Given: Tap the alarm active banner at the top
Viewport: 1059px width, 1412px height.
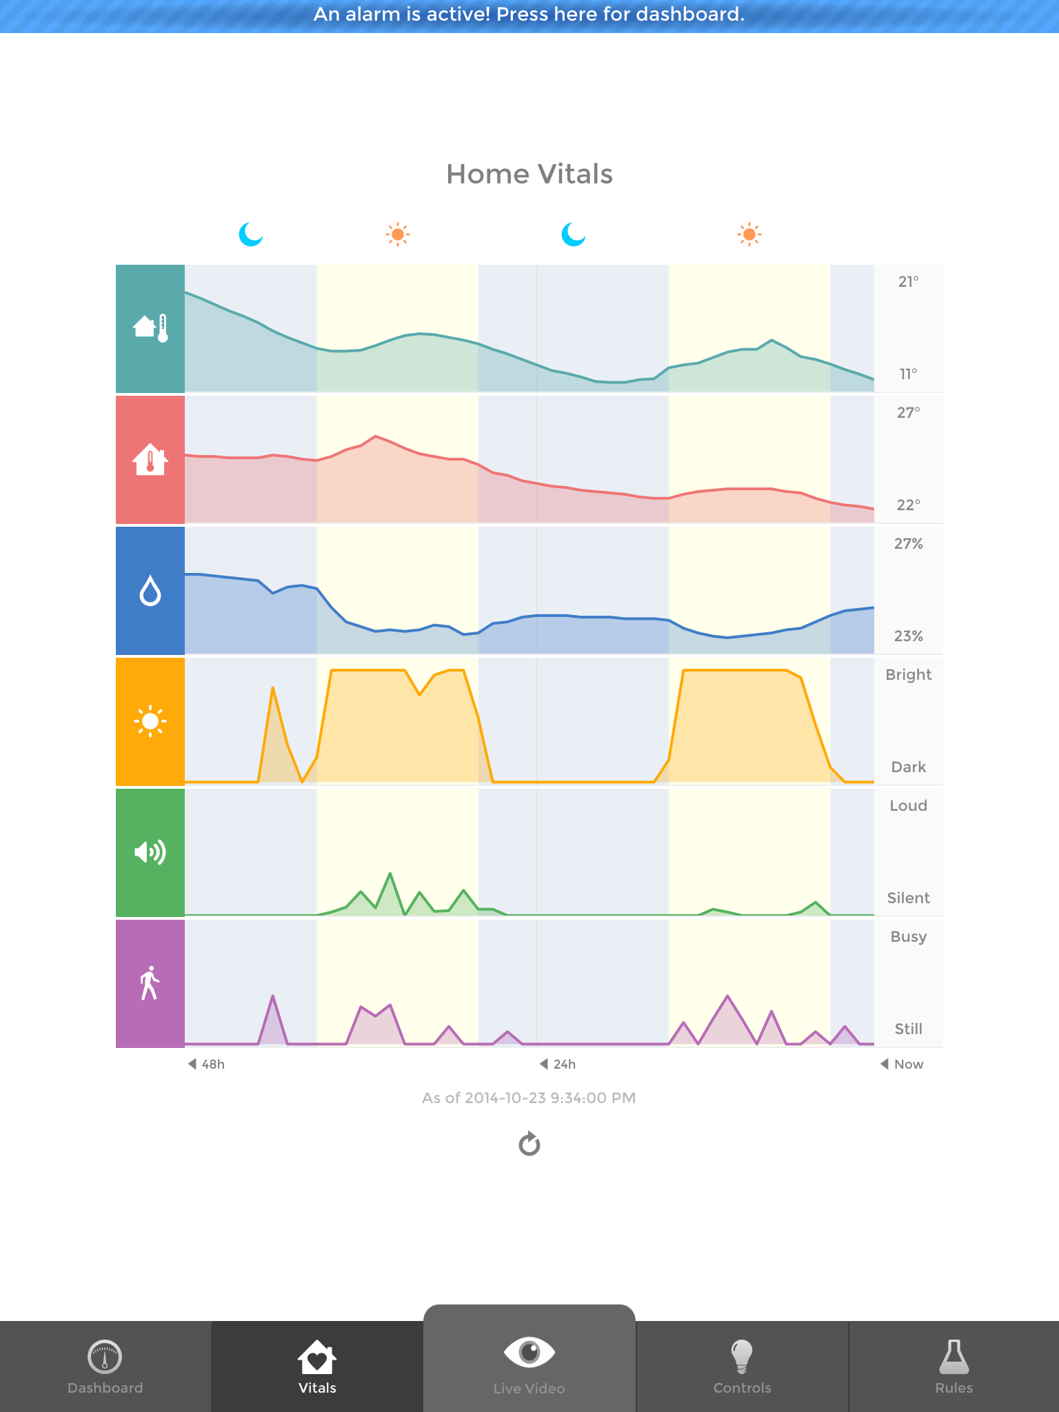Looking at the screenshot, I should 529,15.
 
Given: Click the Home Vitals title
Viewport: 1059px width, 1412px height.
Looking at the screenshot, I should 529,174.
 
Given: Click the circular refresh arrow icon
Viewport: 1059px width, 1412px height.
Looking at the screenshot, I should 529,1144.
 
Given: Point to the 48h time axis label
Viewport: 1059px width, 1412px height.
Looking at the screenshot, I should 208,1064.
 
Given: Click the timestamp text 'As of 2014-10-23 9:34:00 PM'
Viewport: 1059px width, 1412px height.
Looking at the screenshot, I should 529,1098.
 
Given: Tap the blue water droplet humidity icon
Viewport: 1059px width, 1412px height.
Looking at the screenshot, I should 150,591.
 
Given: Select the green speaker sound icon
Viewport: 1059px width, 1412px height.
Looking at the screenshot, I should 150,853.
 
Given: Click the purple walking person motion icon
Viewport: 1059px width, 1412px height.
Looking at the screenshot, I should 150,983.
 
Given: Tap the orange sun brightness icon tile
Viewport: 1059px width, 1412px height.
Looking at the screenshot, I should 150,722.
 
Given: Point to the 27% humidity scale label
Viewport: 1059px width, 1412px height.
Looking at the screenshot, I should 908,544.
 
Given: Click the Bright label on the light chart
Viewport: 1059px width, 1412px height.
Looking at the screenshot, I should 908,675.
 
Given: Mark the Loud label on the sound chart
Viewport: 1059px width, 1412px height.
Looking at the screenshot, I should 908,806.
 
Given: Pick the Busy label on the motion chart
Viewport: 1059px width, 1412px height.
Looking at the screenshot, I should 908,937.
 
